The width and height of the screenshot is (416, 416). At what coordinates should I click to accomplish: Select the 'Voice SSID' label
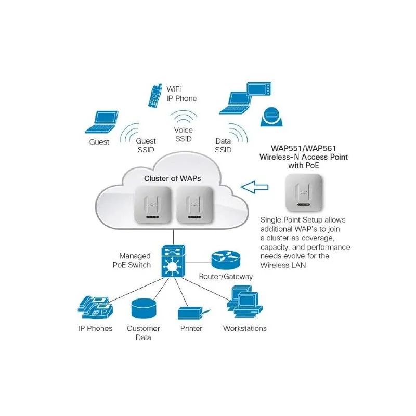pos(183,134)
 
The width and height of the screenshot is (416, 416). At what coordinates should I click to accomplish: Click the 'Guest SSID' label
pos(146,146)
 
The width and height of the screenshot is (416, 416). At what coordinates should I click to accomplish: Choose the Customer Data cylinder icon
pos(144,308)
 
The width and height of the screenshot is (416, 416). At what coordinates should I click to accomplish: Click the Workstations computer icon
pos(242,305)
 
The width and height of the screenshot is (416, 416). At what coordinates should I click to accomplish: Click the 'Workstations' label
pos(244,328)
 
